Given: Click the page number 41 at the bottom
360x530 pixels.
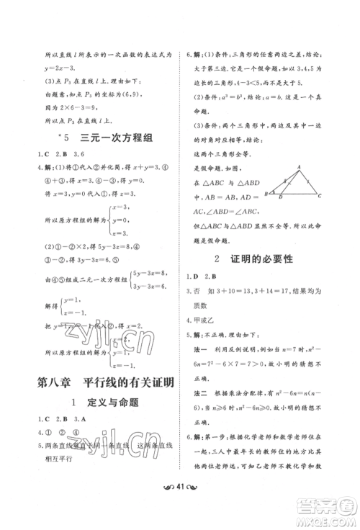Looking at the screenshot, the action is (x=180, y=513).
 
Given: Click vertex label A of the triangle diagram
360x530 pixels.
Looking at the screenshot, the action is (x=298, y=165).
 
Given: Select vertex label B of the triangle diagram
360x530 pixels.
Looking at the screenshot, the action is (x=265, y=194).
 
